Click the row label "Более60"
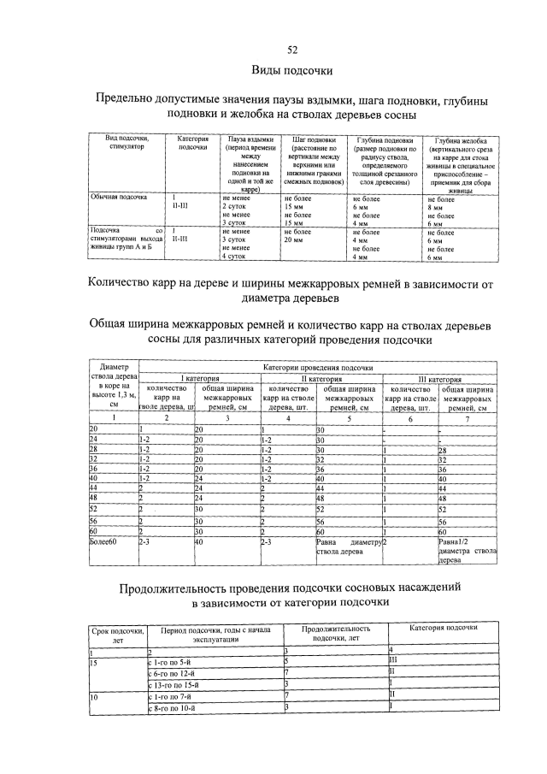pos(106,541)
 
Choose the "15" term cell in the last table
pos(95,661)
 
